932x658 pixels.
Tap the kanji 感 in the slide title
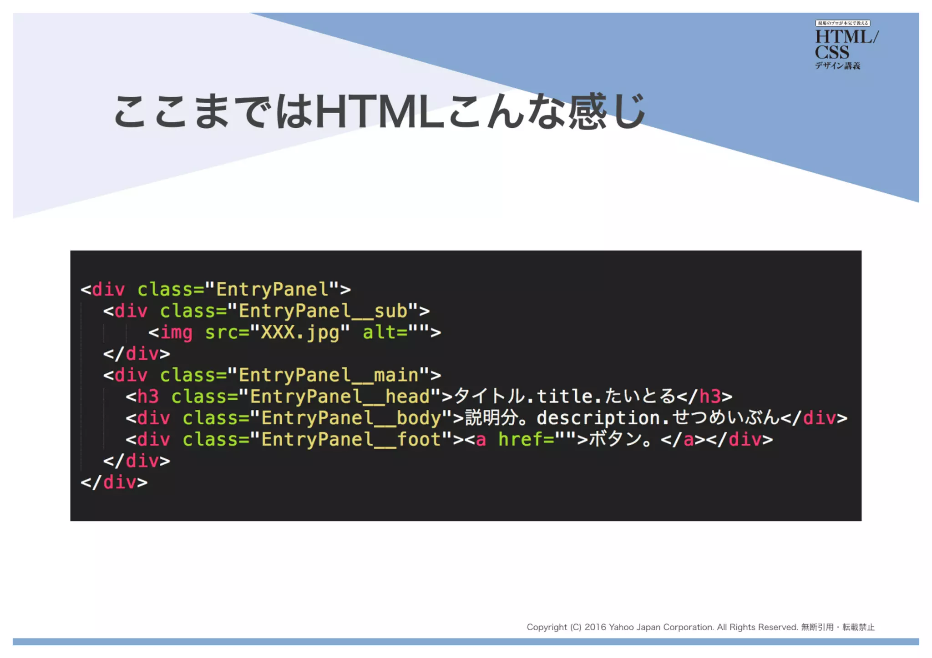pyautogui.click(x=587, y=111)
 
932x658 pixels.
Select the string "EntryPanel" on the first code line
pyautogui.click(x=272, y=290)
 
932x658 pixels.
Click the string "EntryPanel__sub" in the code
pyautogui.click(x=323, y=311)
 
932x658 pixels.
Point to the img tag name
pyautogui.click(x=176, y=333)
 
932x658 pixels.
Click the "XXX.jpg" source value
pyautogui.click(x=300, y=333)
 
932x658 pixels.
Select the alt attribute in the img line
pyautogui.click(x=379, y=333)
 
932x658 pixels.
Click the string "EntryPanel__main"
pyautogui.click(x=328, y=376)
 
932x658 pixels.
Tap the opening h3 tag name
pyautogui.click(x=148, y=397)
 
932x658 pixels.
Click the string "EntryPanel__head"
pyautogui.click(x=339, y=397)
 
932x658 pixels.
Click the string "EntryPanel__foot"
pyautogui.click(x=351, y=440)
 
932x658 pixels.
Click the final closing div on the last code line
pyautogui.click(x=114, y=482)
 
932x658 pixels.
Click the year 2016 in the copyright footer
pyautogui.click(x=595, y=628)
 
